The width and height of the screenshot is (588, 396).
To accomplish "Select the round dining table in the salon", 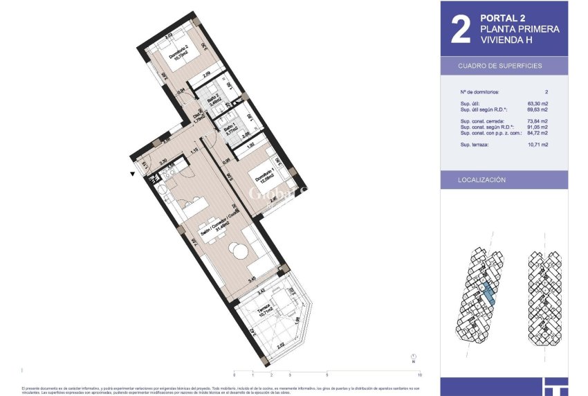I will pos(238,251).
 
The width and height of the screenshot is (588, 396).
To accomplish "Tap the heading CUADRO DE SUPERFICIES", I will pos(500,66).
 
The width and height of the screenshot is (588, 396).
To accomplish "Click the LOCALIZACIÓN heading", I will pos(482,180).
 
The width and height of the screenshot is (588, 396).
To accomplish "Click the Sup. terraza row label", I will pos(475,145).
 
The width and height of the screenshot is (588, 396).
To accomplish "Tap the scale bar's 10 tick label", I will pos(421,375).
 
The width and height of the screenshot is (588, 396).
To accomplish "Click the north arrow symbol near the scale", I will pos(413,358).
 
